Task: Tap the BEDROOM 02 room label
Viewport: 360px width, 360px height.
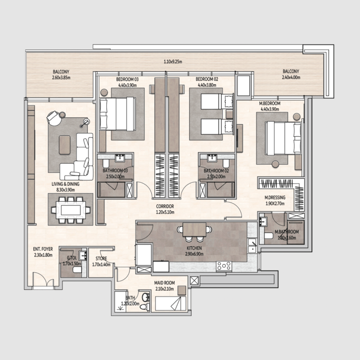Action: point(207,79)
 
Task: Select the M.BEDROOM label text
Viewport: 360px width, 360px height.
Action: point(270,103)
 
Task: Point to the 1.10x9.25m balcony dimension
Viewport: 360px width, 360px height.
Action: point(173,62)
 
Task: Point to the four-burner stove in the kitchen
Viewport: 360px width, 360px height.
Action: point(224,266)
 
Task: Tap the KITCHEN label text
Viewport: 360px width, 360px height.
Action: point(195,248)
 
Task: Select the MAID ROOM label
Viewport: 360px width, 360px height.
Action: point(164,283)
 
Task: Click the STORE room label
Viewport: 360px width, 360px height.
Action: point(101,259)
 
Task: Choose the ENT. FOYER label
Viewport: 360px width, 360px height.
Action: point(43,249)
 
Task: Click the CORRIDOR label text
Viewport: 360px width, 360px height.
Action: point(165,207)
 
